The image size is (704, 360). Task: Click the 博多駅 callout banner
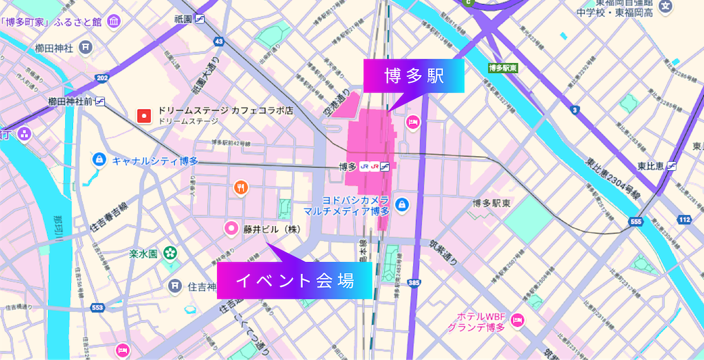click(x=413, y=76)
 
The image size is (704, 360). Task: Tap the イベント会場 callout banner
click(x=294, y=281)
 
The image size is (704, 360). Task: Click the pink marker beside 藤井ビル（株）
click(x=231, y=228)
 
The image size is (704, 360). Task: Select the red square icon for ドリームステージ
click(x=144, y=116)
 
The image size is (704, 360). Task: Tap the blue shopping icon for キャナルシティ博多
click(x=99, y=159)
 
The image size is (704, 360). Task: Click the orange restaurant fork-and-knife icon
click(x=241, y=188)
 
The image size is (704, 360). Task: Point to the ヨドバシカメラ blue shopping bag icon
click(x=402, y=205)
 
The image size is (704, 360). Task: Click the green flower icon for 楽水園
click(x=170, y=251)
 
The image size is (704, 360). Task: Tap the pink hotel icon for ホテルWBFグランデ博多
click(x=517, y=320)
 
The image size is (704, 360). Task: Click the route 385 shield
click(x=415, y=283)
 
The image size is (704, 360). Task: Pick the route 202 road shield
click(x=101, y=78)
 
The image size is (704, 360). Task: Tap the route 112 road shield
click(x=684, y=220)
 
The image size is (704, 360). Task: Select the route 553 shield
click(x=98, y=308)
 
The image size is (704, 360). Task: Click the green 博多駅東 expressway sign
click(x=503, y=68)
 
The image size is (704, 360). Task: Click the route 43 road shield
click(x=218, y=42)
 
